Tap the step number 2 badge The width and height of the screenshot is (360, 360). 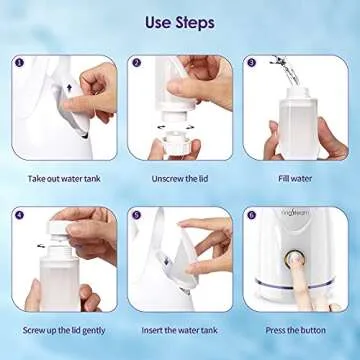tap(136, 63)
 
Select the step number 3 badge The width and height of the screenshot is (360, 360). tap(252, 63)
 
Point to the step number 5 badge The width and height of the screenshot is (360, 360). tap(136, 213)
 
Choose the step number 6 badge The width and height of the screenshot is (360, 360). tap(252, 213)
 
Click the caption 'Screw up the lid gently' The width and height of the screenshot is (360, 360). tap(62, 329)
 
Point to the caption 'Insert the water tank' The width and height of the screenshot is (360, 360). tap(179, 329)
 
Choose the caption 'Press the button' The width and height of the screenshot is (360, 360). tap(295, 329)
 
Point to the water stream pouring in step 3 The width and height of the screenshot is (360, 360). tap(292, 70)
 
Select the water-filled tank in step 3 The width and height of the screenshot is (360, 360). tap(297, 120)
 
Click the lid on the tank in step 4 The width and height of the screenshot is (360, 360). tap(63, 232)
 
